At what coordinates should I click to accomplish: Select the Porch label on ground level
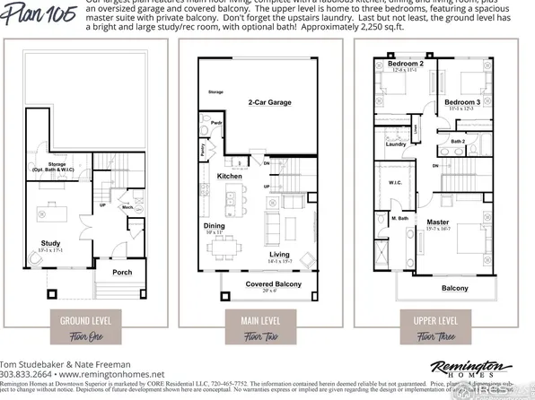tap(123, 272)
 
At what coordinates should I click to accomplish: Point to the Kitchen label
tap(230, 176)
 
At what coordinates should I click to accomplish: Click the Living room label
tap(279, 254)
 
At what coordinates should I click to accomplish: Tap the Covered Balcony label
tap(267, 284)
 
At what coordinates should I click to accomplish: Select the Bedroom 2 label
tap(406, 65)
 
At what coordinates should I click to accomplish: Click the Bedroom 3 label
tap(462, 103)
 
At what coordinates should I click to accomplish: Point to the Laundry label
tap(396, 143)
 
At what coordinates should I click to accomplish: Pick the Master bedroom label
tap(438, 222)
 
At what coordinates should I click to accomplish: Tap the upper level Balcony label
tap(454, 288)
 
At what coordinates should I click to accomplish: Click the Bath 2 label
tap(458, 141)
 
